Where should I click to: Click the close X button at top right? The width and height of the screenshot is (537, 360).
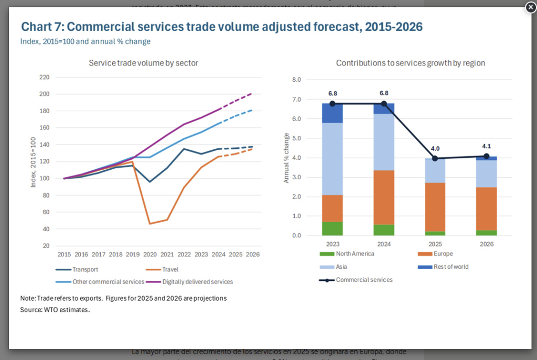[x=530, y=7]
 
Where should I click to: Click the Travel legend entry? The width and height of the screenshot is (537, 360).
[x=170, y=270]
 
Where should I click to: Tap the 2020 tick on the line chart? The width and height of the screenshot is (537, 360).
[x=150, y=254]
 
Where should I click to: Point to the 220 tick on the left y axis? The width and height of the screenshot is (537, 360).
[x=44, y=78]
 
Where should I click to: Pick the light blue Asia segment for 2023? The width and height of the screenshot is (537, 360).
[x=332, y=159]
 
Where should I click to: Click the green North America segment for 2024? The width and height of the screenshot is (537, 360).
[x=384, y=230]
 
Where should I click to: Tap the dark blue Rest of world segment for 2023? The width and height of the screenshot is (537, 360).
[x=332, y=113]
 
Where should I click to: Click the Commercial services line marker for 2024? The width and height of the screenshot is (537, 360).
[x=384, y=104]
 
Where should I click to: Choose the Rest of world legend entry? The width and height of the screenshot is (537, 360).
[x=451, y=267]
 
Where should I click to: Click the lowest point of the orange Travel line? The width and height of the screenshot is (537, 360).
[x=150, y=224]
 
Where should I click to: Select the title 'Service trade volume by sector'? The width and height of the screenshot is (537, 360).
[x=143, y=63]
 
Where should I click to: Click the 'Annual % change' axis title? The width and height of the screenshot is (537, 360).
[x=286, y=158]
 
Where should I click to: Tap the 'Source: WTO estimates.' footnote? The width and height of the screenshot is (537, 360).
[x=55, y=310]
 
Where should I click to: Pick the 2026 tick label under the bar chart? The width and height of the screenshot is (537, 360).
[x=486, y=244]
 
